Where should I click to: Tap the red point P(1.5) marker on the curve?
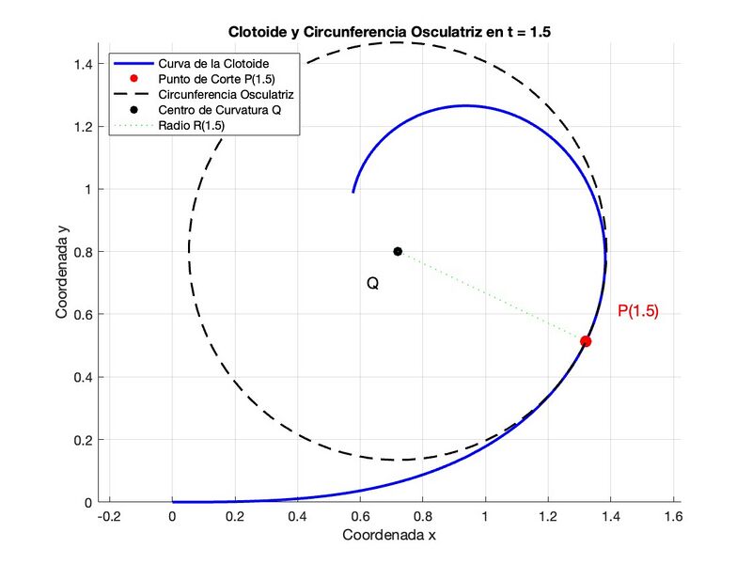pos(586,341)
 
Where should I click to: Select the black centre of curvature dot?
pos(398,251)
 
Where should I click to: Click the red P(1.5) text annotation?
pos(637,312)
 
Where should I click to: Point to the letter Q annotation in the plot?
pos(372,283)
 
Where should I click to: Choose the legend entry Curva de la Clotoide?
pos(214,62)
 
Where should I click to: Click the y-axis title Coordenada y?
pos(62,273)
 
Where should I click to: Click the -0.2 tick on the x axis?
pos(110,518)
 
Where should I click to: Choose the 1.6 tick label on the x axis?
pos(672,518)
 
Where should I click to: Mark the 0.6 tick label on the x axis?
pos(360,518)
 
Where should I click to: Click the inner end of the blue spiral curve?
pos(353,191)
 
